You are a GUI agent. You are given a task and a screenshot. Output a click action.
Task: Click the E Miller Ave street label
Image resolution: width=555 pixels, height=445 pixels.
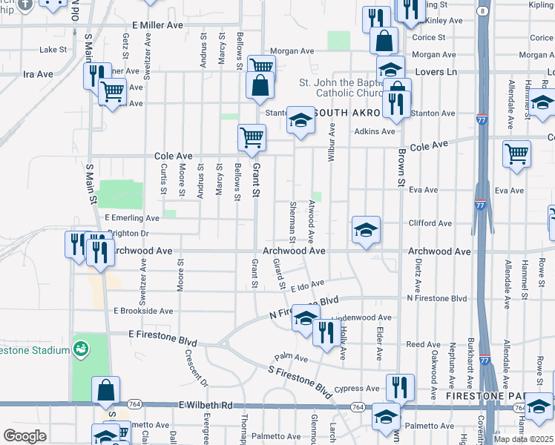tap(157, 25)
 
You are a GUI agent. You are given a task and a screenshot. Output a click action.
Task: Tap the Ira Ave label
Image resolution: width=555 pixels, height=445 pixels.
tap(39, 74)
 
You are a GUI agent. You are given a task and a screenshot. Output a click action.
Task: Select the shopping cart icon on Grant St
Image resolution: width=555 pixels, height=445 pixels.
tap(252, 137)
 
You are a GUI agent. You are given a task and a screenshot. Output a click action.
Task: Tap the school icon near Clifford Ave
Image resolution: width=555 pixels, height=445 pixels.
tap(366, 231)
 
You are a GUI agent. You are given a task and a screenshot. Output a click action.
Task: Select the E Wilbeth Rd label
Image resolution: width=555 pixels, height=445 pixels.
tap(206, 406)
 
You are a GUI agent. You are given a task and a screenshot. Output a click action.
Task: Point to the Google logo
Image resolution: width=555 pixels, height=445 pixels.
tap(24, 435)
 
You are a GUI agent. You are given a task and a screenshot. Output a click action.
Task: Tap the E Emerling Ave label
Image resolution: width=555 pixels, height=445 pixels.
tap(132, 218)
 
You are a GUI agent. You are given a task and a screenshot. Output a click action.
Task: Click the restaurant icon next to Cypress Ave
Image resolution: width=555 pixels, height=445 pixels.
tap(399, 386)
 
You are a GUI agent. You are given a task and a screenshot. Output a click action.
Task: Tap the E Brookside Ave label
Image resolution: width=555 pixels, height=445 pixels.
tap(142, 311)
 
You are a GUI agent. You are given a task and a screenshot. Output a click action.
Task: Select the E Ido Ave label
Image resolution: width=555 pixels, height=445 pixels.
tap(308, 286)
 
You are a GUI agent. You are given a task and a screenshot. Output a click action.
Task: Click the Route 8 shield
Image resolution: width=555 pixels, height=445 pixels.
tap(483, 11)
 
